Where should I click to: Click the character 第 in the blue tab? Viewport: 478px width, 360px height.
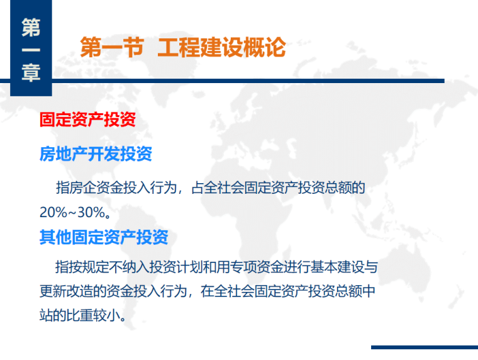point(31,27)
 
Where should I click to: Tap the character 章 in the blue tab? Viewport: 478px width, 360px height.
point(31,72)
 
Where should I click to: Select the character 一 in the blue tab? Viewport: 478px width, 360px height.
point(31,50)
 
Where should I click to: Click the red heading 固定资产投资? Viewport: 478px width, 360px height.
point(87,120)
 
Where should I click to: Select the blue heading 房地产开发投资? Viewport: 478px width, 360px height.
point(96,154)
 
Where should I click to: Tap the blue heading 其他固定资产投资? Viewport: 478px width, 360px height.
point(104,237)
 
